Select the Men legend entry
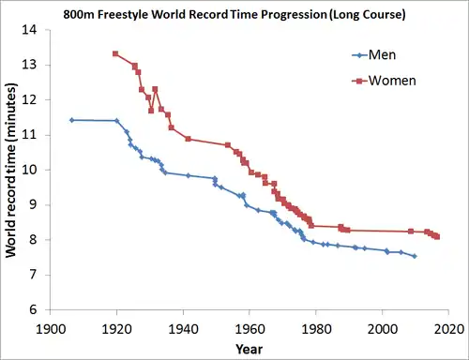[374, 55]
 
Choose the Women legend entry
[384, 81]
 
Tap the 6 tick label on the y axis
[33, 309]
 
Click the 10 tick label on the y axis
[29, 170]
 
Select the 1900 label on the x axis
[51, 329]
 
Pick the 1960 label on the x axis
[250, 329]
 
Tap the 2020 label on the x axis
[448, 329]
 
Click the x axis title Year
[250, 350]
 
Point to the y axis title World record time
[10, 171]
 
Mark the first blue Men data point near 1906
[71, 120]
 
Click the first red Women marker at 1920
[115, 53]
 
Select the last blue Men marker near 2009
[415, 256]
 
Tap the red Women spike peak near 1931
[155, 89]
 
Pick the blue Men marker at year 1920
[117, 120]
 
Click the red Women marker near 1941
[188, 139]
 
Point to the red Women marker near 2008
[411, 232]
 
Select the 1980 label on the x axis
[316, 329]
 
